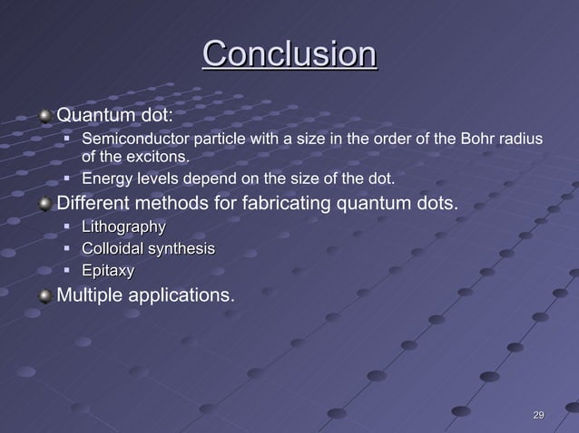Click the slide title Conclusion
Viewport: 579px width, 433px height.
pyautogui.click(x=289, y=53)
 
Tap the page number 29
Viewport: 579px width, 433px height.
pyautogui.click(x=538, y=415)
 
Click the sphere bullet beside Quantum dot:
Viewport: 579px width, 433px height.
pyautogui.click(x=45, y=116)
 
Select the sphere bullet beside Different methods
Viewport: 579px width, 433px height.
pyautogui.click(x=45, y=202)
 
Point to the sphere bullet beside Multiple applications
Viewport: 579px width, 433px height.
pyautogui.click(x=45, y=294)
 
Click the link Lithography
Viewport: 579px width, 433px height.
pyautogui.click(x=124, y=226)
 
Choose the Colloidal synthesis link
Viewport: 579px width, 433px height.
pyautogui.click(x=149, y=248)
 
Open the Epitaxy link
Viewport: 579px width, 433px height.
pyautogui.click(x=108, y=270)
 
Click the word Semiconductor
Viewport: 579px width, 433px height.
pyautogui.click(x=134, y=140)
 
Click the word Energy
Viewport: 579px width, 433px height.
pyautogui.click(x=104, y=178)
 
